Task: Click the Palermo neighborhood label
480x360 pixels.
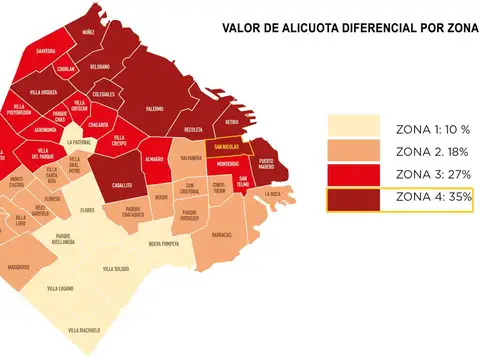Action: click(153, 107)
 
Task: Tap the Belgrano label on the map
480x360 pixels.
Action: click(99, 67)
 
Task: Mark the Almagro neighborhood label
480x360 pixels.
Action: click(154, 159)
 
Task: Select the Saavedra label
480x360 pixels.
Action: click(44, 50)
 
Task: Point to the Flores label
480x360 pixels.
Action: click(88, 210)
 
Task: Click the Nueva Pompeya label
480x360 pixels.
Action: click(166, 244)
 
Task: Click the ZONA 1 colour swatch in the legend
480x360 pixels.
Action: click(353, 126)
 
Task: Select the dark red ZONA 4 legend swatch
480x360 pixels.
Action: click(353, 199)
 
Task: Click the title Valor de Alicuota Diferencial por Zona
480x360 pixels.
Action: click(350, 30)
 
